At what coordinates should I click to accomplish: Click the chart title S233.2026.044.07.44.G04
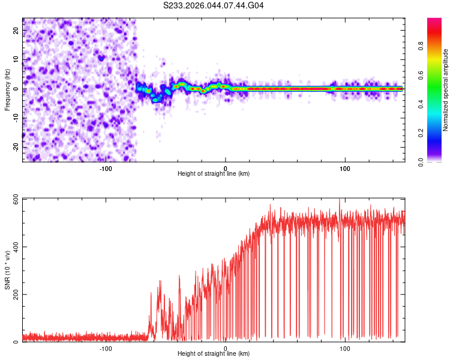214,5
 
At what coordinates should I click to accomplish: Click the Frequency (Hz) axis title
7,89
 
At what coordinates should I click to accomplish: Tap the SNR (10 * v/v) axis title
7,270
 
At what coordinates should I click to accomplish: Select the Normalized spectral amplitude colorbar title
446,90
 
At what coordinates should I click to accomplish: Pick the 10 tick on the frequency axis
16,59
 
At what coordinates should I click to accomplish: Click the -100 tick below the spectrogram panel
106,168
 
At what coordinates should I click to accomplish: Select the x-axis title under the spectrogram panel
214,174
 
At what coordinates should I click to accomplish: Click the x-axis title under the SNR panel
214,354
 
